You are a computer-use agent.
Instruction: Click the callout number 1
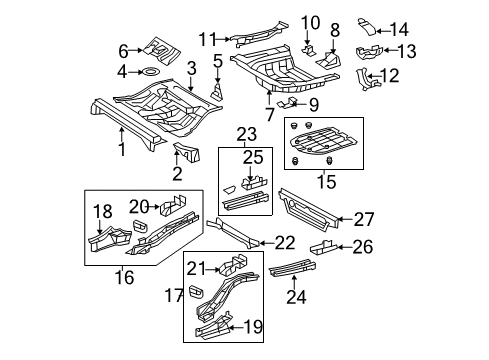(x=121, y=151)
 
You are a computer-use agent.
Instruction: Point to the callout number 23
(x=245, y=133)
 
